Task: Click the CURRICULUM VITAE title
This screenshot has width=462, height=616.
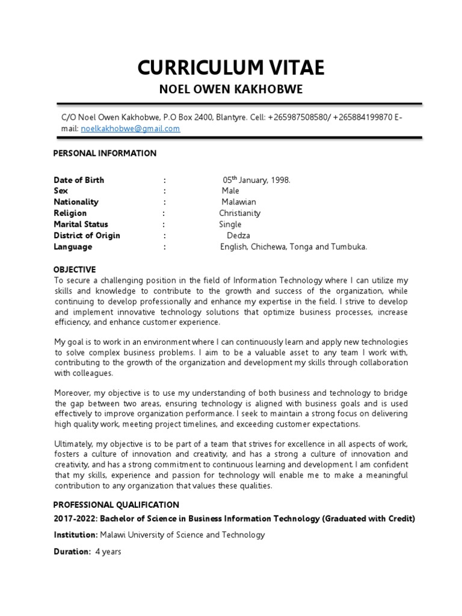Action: [230, 68]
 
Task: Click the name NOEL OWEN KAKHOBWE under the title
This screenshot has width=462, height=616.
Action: [230, 90]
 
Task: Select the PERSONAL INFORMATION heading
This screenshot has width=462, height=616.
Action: [105, 153]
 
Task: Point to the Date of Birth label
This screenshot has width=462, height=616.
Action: [79, 180]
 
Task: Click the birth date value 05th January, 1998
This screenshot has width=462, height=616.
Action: [257, 180]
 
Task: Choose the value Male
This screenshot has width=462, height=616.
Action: [230, 191]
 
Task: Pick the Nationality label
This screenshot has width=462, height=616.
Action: [76, 202]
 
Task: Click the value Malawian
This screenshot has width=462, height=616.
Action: [238, 202]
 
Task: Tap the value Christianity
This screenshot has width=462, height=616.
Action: [239, 213]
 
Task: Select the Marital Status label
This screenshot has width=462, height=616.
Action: [81, 224]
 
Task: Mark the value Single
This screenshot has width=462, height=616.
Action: [230, 224]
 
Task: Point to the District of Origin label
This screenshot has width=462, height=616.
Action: [87, 235]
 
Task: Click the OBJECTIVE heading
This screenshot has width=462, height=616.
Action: [75, 269]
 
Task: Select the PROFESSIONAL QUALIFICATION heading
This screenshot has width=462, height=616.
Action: [116, 505]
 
